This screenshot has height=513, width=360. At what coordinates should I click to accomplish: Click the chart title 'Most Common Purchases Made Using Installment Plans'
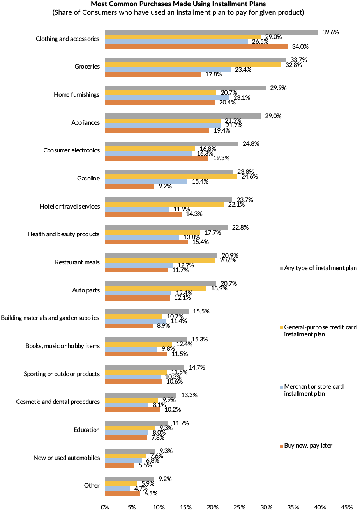(x=179, y=4)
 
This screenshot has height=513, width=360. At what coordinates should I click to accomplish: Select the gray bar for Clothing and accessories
(x=211, y=32)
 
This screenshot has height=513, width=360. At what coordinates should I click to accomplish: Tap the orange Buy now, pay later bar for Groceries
(x=153, y=74)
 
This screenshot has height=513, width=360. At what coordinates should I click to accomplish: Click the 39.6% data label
(x=330, y=32)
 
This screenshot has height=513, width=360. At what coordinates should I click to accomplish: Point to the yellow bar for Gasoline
(x=171, y=177)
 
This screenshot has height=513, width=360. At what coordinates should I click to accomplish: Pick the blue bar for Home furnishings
(x=167, y=97)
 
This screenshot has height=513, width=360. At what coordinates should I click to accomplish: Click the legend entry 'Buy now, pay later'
(x=308, y=445)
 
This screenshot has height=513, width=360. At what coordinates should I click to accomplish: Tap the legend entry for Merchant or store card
(x=314, y=390)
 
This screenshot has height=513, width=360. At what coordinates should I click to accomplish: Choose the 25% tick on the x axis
(x=240, y=507)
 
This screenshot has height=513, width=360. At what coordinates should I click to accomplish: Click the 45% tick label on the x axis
(x=347, y=507)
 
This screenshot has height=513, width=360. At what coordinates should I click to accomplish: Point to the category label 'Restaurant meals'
(x=77, y=262)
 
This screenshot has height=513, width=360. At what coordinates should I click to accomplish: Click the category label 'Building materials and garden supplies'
(x=50, y=318)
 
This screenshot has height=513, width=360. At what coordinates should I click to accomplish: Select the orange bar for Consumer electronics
(x=157, y=158)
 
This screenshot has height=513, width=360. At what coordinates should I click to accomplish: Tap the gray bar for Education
(x=136, y=423)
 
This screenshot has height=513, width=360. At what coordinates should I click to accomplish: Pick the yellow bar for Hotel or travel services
(x=164, y=205)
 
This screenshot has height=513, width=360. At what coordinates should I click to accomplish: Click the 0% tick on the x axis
(x=105, y=507)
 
